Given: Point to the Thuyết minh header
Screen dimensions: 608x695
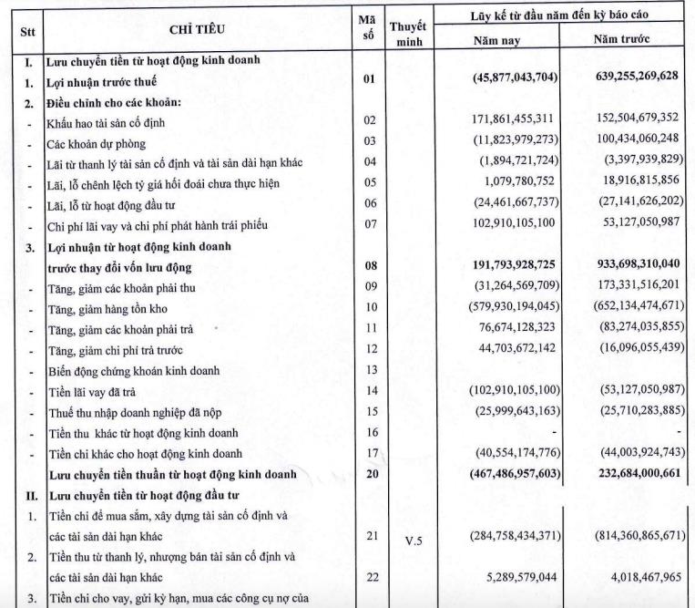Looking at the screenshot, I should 408,35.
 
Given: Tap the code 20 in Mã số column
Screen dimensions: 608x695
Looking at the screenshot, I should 369,474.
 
